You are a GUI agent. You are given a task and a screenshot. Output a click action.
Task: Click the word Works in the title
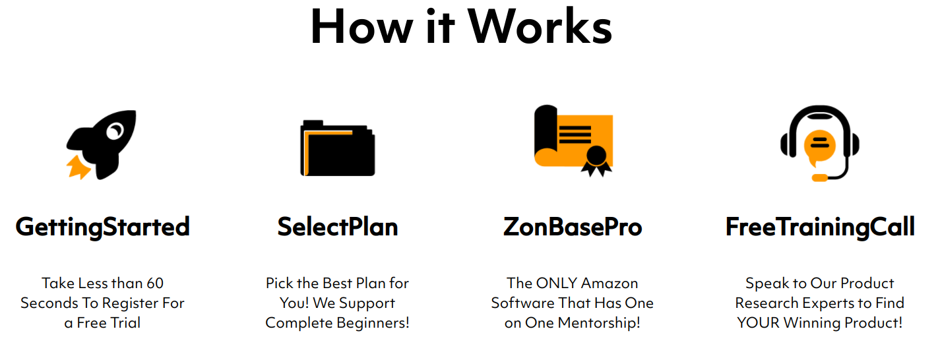(x=540, y=26)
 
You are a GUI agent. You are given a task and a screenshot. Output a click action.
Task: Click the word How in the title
(x=361, y=26)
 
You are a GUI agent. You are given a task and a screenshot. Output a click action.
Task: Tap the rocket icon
(x=102, y=145)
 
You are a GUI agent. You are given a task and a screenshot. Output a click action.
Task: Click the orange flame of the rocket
(x=78, y=167)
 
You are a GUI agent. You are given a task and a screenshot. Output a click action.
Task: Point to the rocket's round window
(x=115, y=131)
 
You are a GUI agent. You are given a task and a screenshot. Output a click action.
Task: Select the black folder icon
(x=338, y=148)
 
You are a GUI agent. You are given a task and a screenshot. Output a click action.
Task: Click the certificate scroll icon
(x=573, y=140)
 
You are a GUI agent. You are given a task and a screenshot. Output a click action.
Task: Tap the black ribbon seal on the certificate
(x=596, y=161)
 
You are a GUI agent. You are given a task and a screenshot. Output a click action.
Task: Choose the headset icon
(x=819, y=143)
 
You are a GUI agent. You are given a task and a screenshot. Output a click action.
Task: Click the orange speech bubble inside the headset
(x=819, y=147)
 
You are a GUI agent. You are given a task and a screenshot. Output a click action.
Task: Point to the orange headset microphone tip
(x=820, y=178)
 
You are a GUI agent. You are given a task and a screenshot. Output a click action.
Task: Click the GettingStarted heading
(x=103, y=227)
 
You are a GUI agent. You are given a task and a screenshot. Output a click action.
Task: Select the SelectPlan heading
(x=338, y=227)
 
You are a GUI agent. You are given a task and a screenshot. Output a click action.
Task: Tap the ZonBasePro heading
(x=573, y=227)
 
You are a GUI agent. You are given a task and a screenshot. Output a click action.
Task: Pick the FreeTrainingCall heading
(x=820, y=227)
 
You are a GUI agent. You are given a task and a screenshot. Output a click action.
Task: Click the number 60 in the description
(x=155, y=284)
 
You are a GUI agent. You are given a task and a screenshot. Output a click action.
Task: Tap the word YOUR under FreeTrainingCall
(x=758, y=322)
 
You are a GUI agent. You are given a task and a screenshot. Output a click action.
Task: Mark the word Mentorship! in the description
(x=599, y=322)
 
